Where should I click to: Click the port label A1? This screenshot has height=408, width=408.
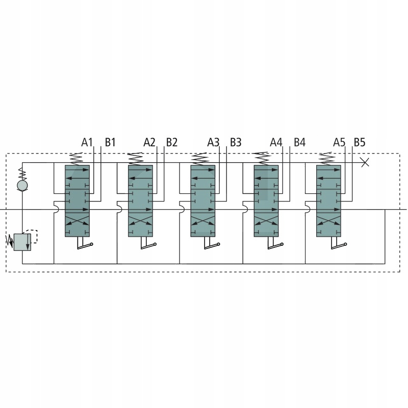[87, 143]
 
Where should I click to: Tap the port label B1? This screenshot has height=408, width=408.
[110, 143]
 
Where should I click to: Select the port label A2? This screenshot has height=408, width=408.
[149, 143]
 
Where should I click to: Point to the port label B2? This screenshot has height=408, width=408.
[172, 143]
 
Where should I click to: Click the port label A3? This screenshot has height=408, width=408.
[213, 143]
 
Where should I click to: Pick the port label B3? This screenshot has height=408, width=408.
[236, 143]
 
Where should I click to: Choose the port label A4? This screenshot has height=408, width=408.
[276, 143]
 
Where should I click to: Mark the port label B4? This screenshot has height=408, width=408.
[300, 143]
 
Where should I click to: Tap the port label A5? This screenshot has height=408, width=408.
[339, 143]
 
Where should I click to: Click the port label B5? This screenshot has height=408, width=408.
[360, 143]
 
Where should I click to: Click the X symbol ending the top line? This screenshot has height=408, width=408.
[365, 163]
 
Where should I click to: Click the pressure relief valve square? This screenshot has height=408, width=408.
[22, 242]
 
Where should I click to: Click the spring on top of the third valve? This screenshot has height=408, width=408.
[200, 159]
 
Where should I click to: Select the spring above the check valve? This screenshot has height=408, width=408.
[22, 174]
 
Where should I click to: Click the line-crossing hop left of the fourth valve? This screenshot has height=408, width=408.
[245, 209]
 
